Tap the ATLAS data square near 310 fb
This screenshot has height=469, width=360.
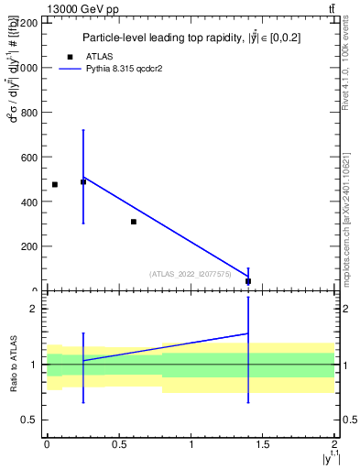tap(134, 222)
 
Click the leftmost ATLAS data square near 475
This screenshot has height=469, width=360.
tap(55, 184)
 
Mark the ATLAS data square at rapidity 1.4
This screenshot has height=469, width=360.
tap(248, 281)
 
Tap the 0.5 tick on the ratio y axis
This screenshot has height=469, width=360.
tap(30, 420)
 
